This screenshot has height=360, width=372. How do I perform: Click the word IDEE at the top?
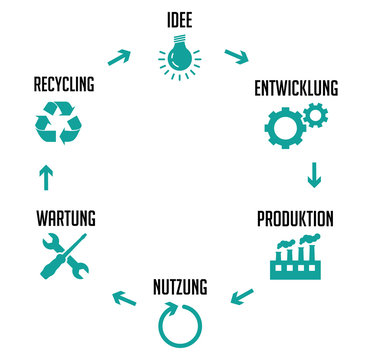[180, 19]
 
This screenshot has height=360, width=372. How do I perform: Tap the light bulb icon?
[180, 58]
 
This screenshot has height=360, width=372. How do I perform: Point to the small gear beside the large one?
[313, 116]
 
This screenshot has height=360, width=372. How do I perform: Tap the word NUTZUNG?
[180, 288]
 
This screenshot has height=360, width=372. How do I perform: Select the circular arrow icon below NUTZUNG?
[179, 324]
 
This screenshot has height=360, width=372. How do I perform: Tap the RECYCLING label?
[63, 84]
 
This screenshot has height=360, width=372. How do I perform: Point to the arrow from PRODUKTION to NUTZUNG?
[242, 295]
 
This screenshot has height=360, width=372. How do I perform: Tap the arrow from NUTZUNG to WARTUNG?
[123, 296]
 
